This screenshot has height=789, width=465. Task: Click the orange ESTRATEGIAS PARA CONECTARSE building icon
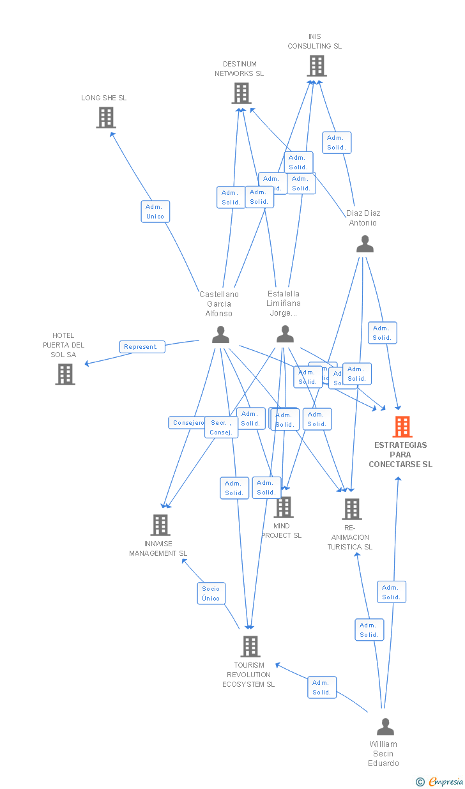pyautogui.click(x=402, y=426)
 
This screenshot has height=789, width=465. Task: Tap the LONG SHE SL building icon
pyautogui.click(x=106, y=118)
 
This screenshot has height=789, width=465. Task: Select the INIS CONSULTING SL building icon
pyautogui.click(x=316, y=66)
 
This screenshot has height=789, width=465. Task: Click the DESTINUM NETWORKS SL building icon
pyautogui.click(x=241, y=93)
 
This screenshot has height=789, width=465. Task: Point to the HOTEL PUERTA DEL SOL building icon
pyautogui.click(x=65, y=374)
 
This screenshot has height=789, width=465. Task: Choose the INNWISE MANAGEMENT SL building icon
pyautogui.click(x=160, y=525)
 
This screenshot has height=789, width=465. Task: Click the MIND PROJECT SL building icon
pyautogui.click(x=283, y=507)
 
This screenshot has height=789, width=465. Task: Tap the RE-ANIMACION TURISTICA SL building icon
pyautogui.click(x=352, y=509)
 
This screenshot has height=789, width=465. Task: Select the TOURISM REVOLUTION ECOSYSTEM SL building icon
pyautogui.click(x=250, y=647)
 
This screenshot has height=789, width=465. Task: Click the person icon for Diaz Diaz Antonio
pyautogui.click(x=365, y=243)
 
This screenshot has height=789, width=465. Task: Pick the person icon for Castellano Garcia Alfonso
pyautogui.click(x=220, y=335)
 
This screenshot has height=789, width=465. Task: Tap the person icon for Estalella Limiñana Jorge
pyautogui.click(x=285, y=334)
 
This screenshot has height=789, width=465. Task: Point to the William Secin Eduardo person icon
pyautogui.click(x=385, y=726)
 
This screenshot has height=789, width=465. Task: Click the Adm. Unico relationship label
pyautogui.click(x=155, y=211)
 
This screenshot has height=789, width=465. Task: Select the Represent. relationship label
pyautogui.click(x=142, y=347)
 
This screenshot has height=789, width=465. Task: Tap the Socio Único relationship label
pyautogui.click(x=211, y=594)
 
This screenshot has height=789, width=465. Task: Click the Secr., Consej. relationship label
pyautogui.click(x=221, y=427)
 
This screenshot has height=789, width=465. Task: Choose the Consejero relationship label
pyautogui.click(x=187, y=423)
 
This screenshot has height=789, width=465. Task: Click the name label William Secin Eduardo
pyautogui.click(x=383, y=753)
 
